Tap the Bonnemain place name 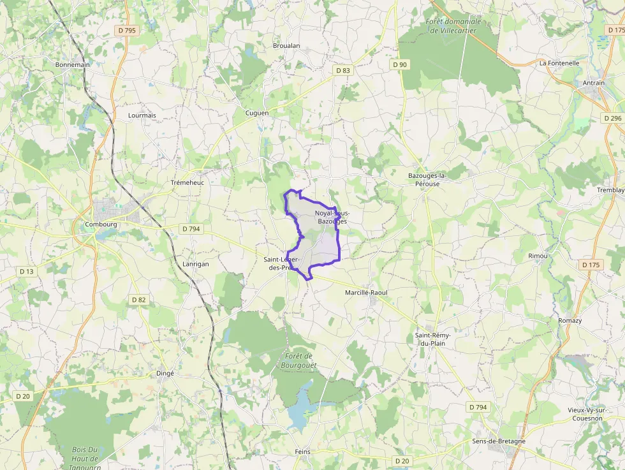tap(73, 64)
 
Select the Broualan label tap(286, 46)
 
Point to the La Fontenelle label tap(559, 63)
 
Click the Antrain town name tap(593, 83)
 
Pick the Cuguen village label tap(257, 113)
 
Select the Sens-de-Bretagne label tap(499, 441)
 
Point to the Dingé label tap(165, 373)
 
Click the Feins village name tap(302, 452)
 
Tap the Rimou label tap(538, 256)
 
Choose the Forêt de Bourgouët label tap(298, 360)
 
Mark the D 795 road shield tap(127, 30)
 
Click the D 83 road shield tap(343, 70)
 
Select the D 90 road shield tap(400, 64)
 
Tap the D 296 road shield tap(612, 118)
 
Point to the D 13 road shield tap(26, 271)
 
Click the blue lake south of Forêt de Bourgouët tap(298, 415)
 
